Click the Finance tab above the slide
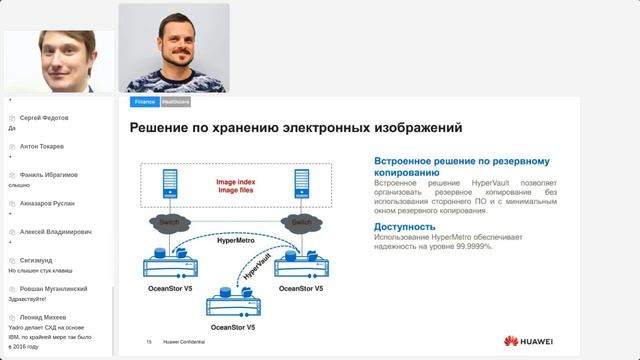pos(145,102)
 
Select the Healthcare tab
pos(175,102)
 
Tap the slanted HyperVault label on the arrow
pos(261,268)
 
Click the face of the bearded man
pos(174,40)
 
